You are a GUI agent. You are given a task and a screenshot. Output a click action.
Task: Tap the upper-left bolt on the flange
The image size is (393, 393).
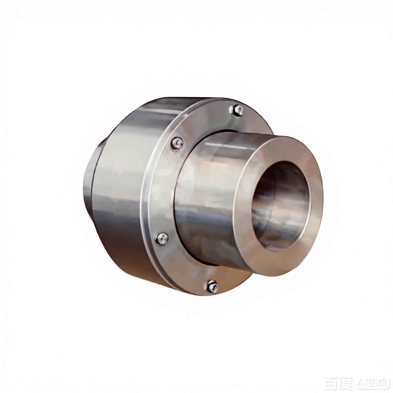coord(177,144)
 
